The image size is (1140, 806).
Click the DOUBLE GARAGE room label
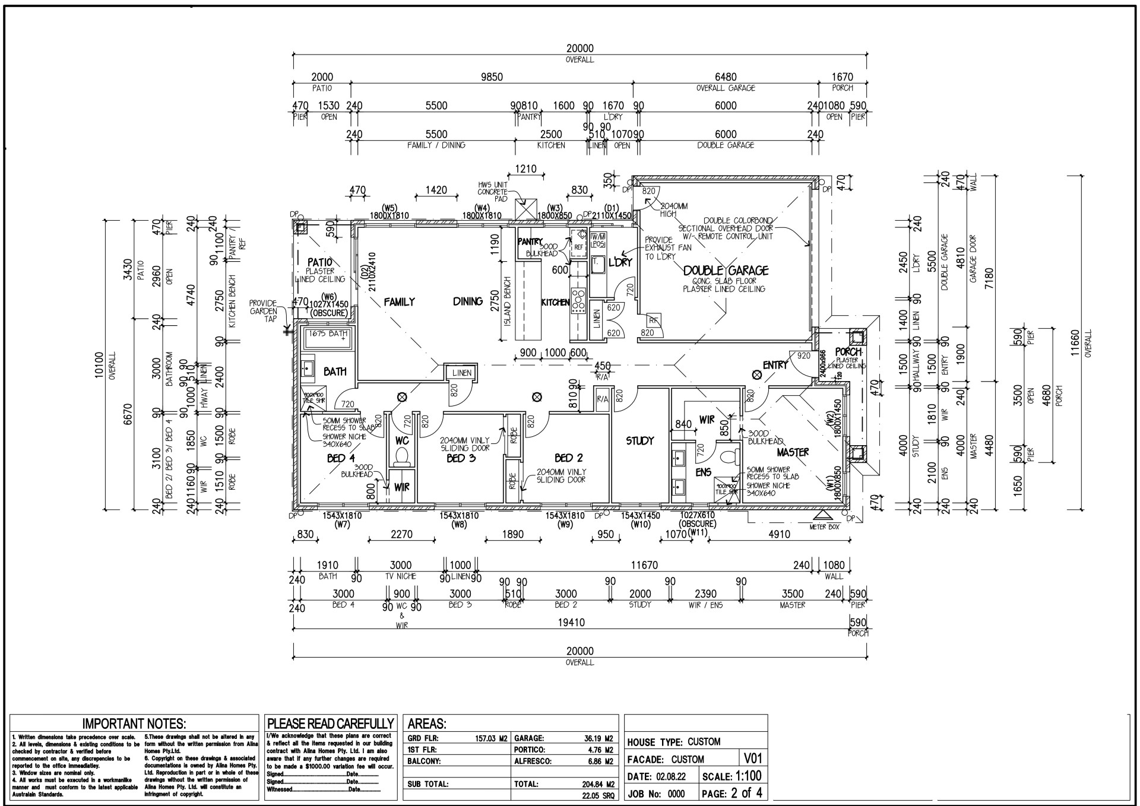[726, 271]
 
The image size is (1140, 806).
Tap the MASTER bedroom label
[793, 452]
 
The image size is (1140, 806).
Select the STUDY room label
[639, 440]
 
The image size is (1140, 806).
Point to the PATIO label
[319, 262]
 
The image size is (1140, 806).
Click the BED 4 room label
[341, 458]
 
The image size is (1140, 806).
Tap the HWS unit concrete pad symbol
[525, 209]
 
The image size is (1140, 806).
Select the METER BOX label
[824, 526]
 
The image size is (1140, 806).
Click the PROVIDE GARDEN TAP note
[263, 310]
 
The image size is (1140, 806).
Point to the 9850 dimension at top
[491, 77]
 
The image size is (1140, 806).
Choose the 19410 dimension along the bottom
[571, 623]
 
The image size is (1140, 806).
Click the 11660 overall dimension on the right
[1074, 343]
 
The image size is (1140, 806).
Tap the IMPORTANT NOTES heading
[134, 724]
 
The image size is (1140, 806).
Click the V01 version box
[752, 758]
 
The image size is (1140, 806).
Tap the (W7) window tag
[343, 525]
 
